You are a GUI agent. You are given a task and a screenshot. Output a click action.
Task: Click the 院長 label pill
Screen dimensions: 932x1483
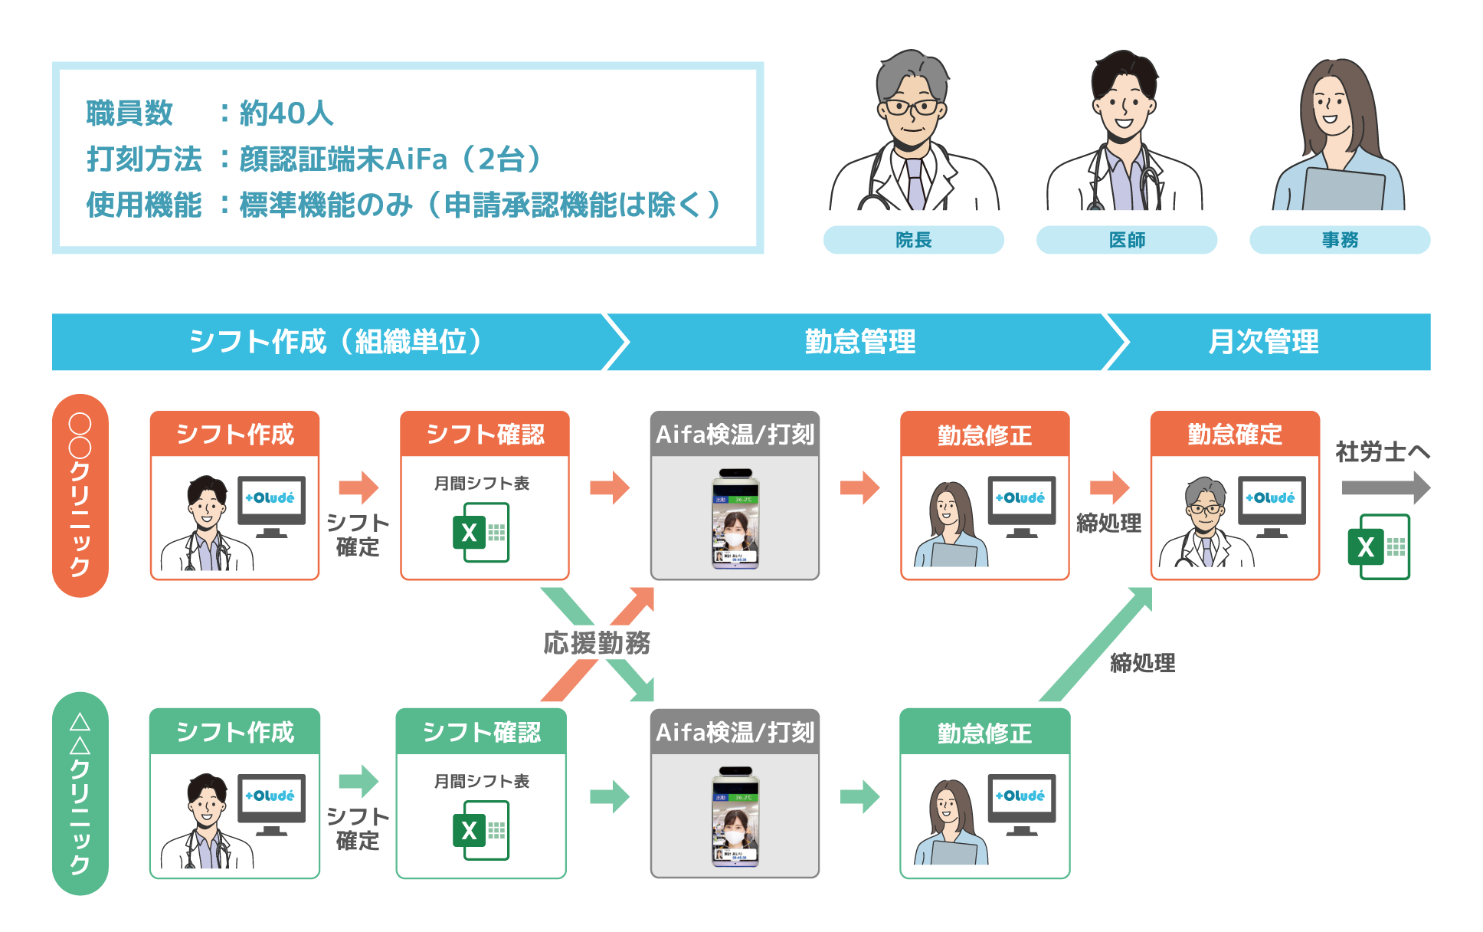coord(913,240)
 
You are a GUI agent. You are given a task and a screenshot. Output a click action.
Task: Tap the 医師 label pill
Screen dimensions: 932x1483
coord(1126,240)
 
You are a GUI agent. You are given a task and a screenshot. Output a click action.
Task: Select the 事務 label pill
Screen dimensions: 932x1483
coord(1339,240)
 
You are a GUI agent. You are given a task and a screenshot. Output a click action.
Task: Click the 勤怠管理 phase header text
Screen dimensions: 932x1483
coord(859,342)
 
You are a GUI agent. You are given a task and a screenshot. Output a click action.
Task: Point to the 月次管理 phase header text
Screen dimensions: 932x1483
coord(1263,342)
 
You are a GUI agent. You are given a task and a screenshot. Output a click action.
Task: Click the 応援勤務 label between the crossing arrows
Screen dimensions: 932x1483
coord(597,643)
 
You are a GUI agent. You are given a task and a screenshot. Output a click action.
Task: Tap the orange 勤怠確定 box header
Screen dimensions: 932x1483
coord(1234,435)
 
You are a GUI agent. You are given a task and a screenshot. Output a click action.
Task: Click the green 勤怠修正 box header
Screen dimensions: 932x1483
coord(984,733)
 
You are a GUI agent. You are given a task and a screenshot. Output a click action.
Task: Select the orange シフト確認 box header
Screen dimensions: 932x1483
coord(484,435)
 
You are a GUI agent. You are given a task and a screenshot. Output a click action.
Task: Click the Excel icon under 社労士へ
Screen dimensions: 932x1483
coord(1378,546)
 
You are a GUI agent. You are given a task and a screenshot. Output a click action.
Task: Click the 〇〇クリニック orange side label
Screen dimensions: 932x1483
coord(80,495)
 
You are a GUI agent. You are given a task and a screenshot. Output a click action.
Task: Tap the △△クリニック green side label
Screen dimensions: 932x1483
coord(80,793)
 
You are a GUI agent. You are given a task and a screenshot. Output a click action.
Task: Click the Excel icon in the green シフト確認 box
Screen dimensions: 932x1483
coord(480,830)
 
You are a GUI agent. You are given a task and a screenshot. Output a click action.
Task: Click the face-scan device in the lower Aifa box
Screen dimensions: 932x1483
coord(735,817)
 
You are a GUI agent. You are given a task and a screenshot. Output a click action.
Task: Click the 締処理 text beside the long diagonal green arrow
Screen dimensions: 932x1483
coord(1142,663)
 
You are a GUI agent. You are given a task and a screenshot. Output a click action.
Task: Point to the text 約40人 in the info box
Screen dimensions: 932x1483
coord(286,113)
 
